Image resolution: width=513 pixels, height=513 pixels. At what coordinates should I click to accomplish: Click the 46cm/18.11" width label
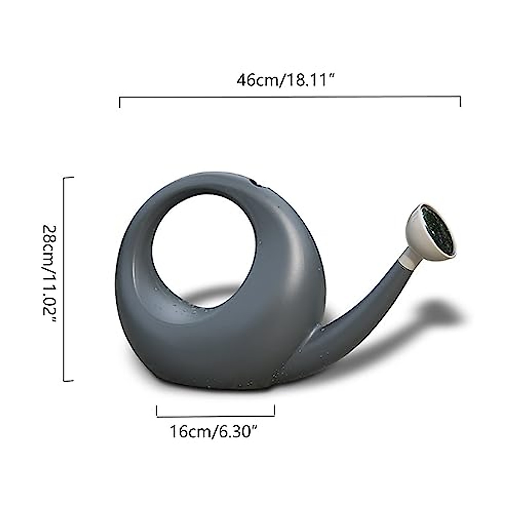pos(285,80)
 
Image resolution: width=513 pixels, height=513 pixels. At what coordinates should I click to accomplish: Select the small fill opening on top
pos(256,184)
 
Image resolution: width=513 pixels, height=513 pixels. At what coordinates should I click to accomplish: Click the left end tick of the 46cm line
pos(120,103)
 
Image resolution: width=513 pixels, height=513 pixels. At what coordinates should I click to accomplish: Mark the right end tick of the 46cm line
pos(460,102)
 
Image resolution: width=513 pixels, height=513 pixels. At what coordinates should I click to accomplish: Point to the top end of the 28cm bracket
pos(68,177)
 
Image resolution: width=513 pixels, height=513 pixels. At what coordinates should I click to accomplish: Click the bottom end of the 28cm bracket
pos(68,380)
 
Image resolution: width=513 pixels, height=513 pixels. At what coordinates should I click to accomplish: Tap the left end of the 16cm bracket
pos(157,411)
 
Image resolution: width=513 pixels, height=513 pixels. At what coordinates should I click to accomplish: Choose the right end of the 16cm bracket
pos(274,411)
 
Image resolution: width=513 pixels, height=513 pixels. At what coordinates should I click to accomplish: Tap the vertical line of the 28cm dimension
pos(64,278)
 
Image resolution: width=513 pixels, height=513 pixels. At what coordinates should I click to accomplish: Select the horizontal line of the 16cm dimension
pos(216,416)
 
